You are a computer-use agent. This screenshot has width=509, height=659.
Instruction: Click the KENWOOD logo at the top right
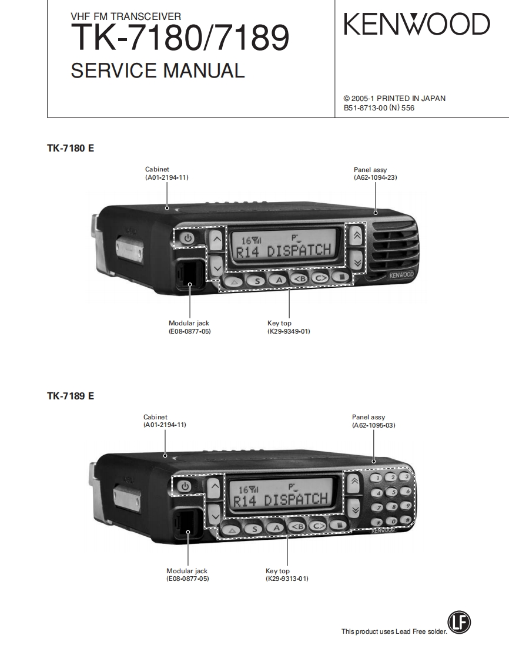[416, 25]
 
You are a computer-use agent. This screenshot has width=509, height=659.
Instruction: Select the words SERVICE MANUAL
[158, 70]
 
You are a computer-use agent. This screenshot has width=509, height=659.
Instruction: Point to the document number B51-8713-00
[365, 108]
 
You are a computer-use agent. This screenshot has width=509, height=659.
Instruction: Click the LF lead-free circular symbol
[459, 623]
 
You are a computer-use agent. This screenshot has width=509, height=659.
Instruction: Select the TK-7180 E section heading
[71, 149]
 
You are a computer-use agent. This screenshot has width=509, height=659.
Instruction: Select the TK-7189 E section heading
[71, 396]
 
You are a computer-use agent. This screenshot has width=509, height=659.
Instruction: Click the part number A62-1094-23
[375, 177]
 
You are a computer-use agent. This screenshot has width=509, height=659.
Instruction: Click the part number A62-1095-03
[373, 425]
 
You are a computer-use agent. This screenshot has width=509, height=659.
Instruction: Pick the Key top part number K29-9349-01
[289, 331]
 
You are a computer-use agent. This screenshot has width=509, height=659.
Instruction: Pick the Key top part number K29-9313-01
[287, 579]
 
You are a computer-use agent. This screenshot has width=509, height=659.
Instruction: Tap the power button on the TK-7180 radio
[187, 238]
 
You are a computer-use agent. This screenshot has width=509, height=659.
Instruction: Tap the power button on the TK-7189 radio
[185, 486]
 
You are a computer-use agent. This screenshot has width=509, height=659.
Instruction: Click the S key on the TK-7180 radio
[256, 280]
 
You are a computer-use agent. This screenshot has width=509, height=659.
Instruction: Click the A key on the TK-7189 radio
[274, 527]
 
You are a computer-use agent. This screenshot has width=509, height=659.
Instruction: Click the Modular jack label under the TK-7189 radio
[187, 571]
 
